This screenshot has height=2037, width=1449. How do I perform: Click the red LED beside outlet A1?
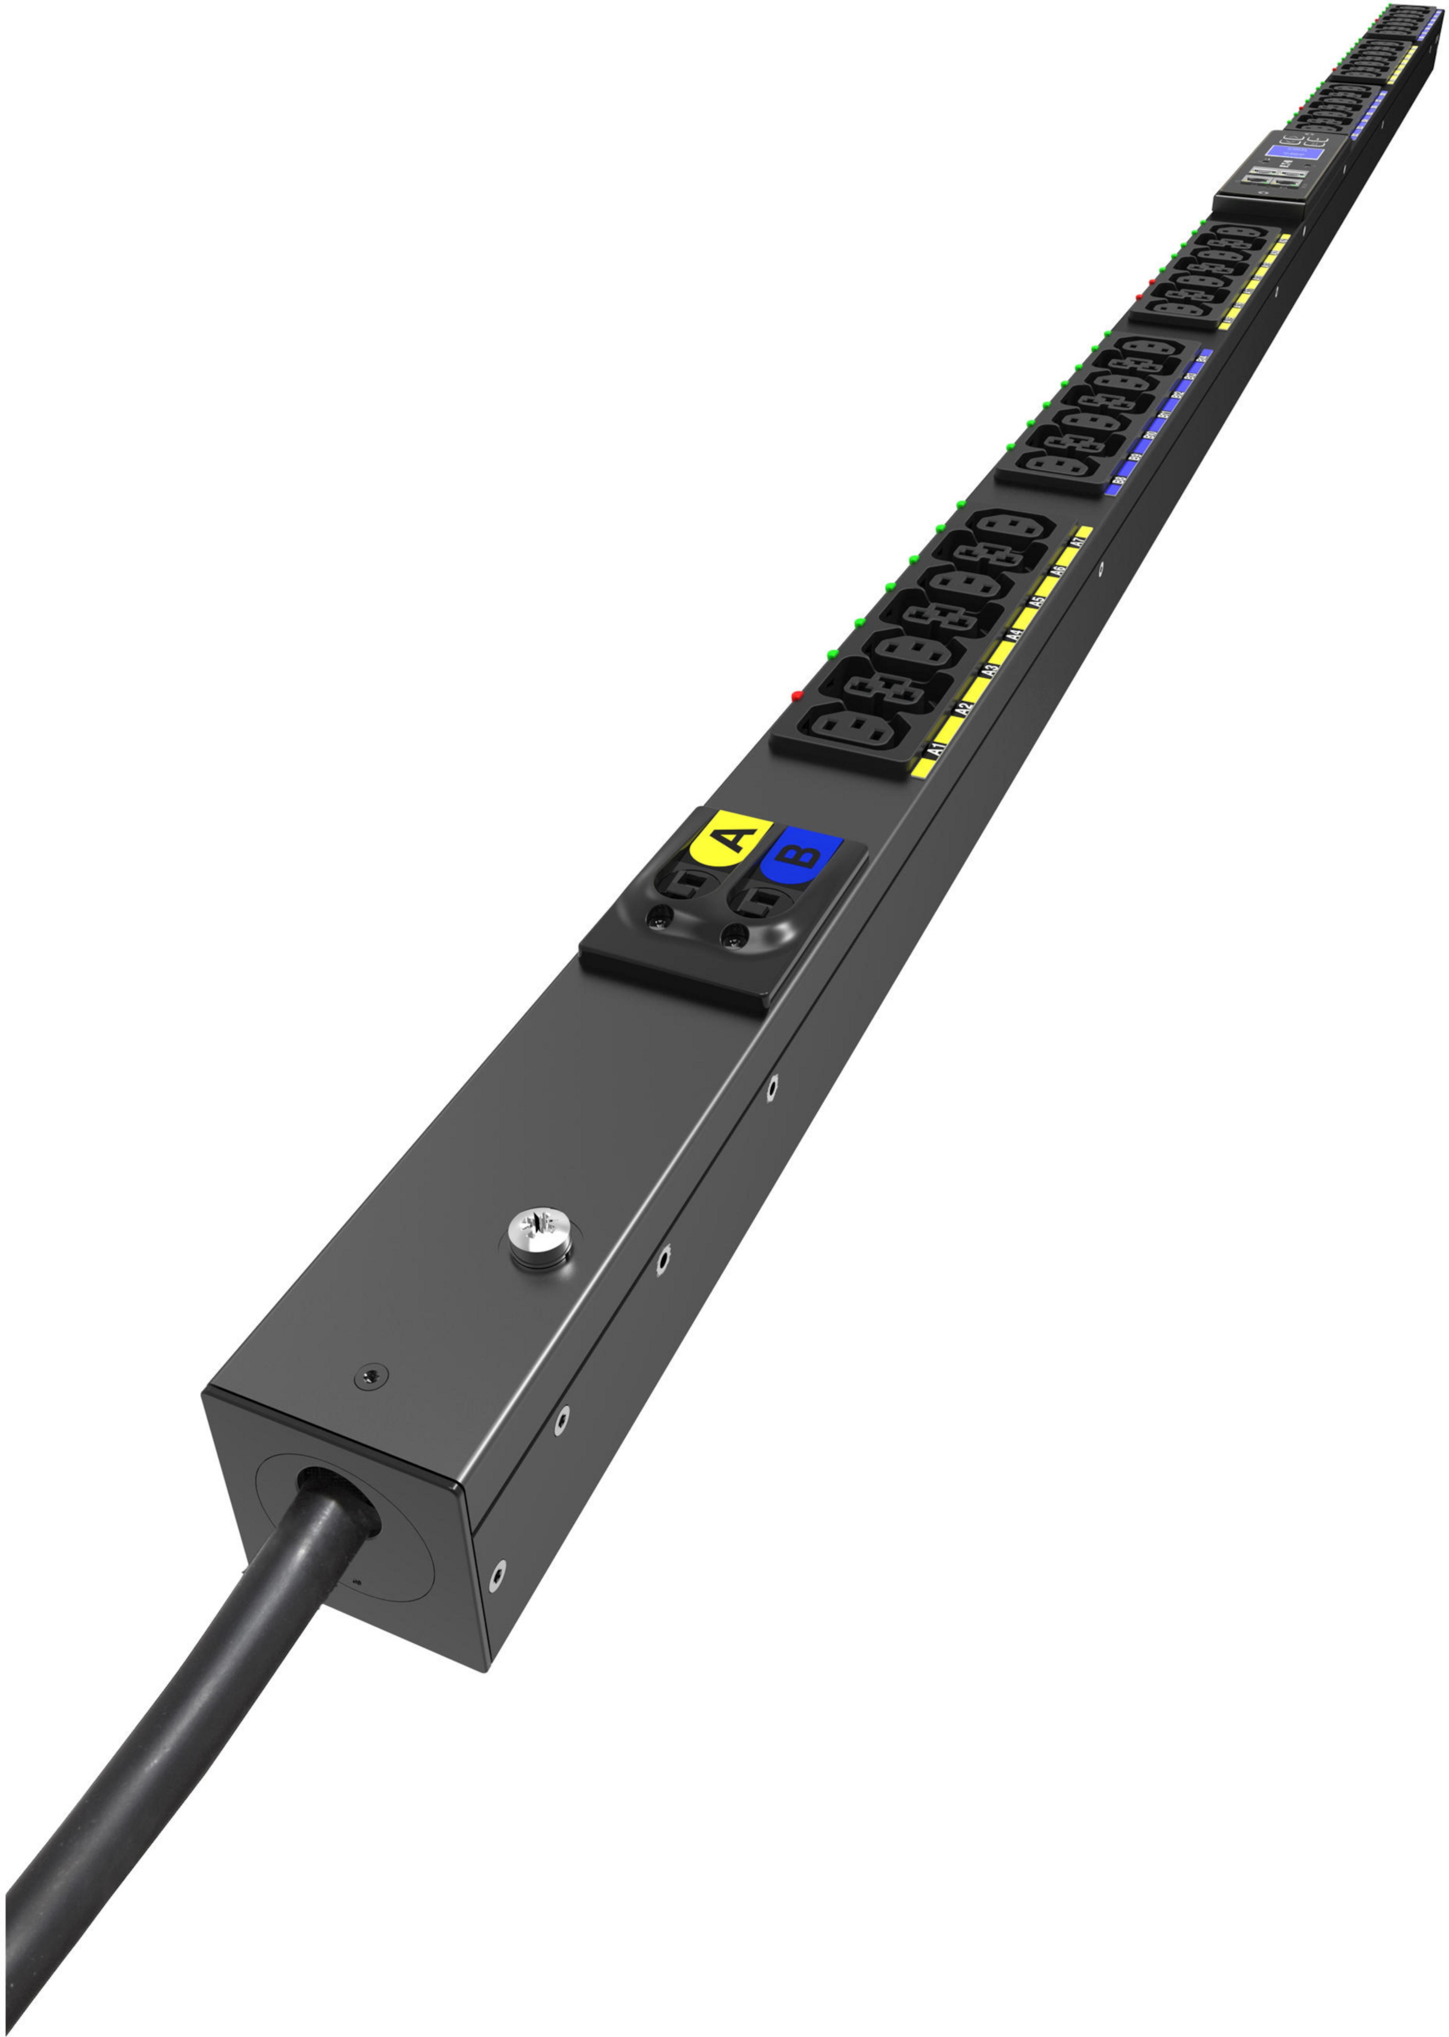797,694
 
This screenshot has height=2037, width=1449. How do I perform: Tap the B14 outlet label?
1204,356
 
